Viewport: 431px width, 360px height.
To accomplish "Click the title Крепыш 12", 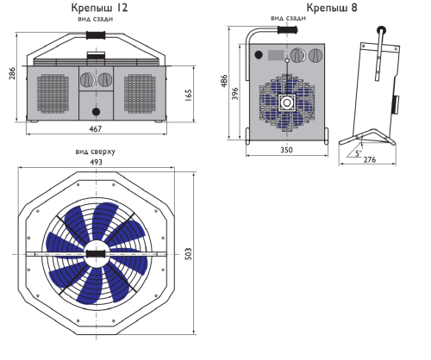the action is click(99, 8).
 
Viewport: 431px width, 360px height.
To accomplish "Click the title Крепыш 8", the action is click(332, 8).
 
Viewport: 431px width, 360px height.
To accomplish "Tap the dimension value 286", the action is click(12, 73).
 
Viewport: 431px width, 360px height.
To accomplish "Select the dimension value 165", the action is click(188, 96).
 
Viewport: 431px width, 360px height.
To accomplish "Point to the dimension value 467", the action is click(96, 129).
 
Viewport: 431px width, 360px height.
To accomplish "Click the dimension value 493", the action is click(96, 162).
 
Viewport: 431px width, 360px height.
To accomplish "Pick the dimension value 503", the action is click(188, 254).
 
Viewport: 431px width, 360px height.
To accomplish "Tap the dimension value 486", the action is click(224, 81).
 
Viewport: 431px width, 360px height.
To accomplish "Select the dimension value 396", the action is click(235, 94).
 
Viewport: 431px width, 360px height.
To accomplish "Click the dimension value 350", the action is click(286, 150).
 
